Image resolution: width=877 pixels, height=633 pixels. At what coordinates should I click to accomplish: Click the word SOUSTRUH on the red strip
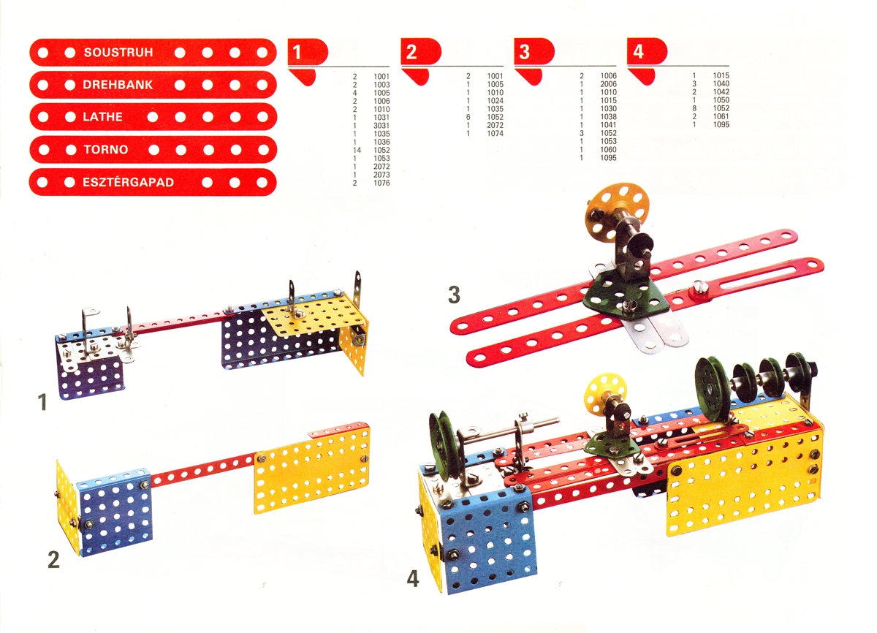point(118,53)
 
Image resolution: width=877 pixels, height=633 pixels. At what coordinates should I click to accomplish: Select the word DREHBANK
point(118,85)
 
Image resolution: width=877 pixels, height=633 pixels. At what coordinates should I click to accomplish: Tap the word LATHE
point(102,117)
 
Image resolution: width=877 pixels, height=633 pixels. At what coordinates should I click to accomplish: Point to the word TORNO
point(106,150)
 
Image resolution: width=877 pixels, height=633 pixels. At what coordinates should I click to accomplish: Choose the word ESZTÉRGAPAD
point(128,183)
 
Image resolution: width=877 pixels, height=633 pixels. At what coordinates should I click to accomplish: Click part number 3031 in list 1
point(381,126)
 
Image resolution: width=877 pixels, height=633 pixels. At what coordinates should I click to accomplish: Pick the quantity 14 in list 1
point(357,151)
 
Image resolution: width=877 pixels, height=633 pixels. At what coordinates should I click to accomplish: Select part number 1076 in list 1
point(381,183)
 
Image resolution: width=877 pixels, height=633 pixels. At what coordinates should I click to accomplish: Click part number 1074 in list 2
point(495,134)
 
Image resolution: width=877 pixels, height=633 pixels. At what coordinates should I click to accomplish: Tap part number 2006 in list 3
point(608,84)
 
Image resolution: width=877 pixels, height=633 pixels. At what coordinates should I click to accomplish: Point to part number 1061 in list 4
point(721,116)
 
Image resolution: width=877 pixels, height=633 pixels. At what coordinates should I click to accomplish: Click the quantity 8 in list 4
point(694,108)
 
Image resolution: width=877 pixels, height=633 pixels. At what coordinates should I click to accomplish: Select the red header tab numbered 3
point(534,51)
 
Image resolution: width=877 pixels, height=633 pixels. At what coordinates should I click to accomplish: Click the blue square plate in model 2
point(114,511)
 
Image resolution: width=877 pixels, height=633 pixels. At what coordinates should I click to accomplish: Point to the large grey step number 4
point(413,579)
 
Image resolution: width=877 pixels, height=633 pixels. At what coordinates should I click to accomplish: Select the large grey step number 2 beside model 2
point(53,560)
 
